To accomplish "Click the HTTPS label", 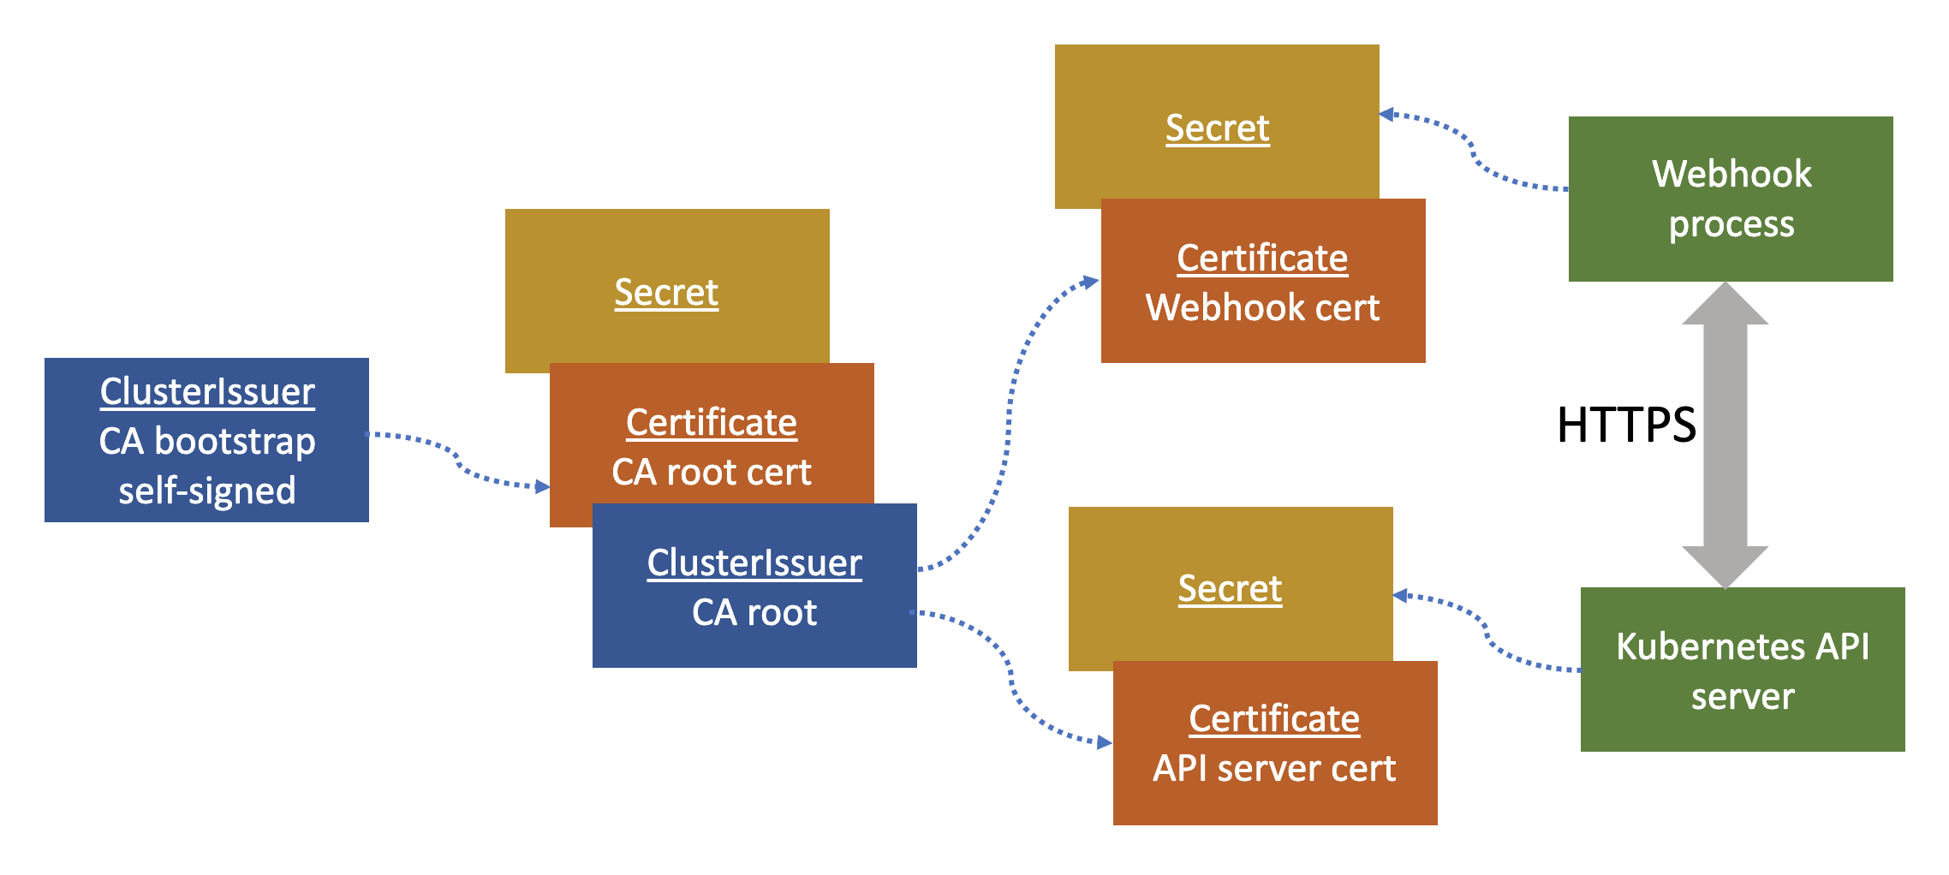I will tap(1625, 425).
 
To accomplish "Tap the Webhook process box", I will tap(1730, 199).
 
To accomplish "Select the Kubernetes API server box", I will tap(1742, 670).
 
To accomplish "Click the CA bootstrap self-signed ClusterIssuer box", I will tap(206, 440).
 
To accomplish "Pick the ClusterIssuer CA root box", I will tap(754, 587).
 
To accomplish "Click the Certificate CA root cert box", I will tap(711, 447).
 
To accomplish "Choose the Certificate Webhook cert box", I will tap(1262, 283).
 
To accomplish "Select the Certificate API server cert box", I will tap(1274, 743).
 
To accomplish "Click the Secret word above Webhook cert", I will tap(1217, 128).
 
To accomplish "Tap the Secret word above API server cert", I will tap(1230, 589).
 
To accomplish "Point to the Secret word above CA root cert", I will tap(666, 293).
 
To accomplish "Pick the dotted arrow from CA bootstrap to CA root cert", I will tap(458, 462).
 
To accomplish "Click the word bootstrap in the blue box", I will tap(235, 442).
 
